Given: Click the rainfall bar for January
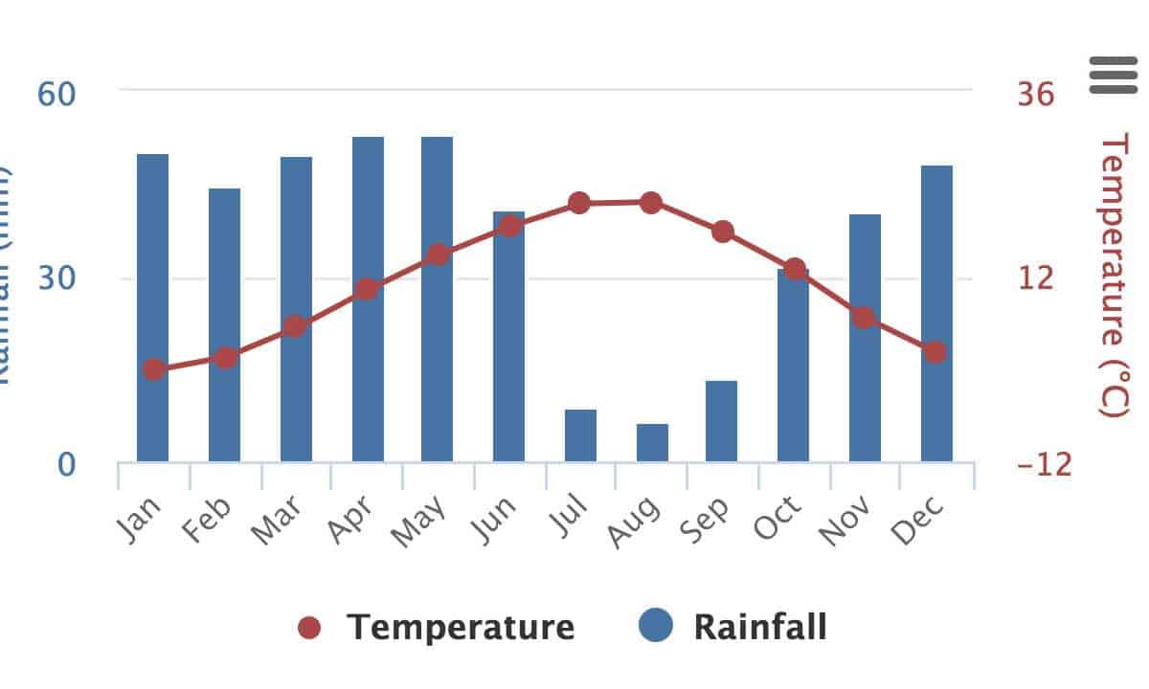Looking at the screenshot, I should [x=153, y=306].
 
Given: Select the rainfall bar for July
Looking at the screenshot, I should [x=580, y=435].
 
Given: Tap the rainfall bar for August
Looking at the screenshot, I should [x=652, y=442].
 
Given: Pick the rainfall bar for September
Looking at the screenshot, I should [x=722, y=421].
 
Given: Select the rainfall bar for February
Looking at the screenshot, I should [x=225, y=324].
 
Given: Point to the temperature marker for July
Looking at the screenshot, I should [x=579, y=203].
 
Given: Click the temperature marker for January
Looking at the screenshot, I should [x=154, y=369].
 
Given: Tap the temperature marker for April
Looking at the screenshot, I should [x=367, y=289].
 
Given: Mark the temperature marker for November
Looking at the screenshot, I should [x=864, y=318].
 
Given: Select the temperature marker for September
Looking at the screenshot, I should [x=723, y=232].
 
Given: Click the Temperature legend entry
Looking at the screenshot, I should [x=437, y=628].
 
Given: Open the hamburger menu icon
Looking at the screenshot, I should [x=1113, y=75].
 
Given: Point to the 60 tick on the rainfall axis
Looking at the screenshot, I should [x=56, y=94].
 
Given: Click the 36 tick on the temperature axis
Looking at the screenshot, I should [x=1034, y=94].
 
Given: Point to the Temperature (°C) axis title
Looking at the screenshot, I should [x=1115, y=276].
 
